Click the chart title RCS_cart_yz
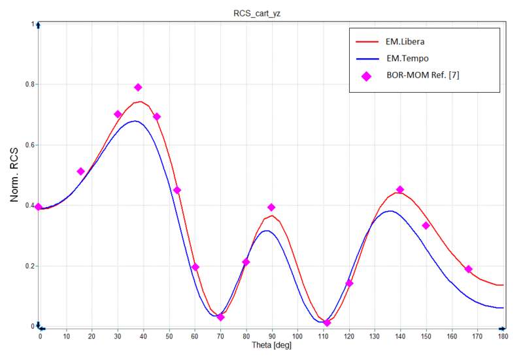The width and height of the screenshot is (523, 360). point(261,12)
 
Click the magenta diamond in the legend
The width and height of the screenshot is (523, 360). point(366,76)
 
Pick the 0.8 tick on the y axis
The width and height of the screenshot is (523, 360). point(28,84)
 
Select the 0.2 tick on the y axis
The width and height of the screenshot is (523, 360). point(28,266)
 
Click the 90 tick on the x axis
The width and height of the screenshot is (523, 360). point(271,336)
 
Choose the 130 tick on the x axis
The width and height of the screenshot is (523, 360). point(375,336)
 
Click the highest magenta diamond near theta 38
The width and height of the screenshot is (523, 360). point(138,88)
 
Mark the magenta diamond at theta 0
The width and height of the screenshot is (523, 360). point(39,207)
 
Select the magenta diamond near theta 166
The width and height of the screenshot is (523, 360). point(468,269)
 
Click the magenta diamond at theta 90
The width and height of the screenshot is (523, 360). point(271,208)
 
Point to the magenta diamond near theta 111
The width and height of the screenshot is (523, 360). point(327,323)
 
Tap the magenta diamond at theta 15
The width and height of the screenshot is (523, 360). point(80,171)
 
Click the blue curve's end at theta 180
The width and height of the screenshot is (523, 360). point(503,308)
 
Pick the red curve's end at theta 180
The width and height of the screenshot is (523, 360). point(503,285)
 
